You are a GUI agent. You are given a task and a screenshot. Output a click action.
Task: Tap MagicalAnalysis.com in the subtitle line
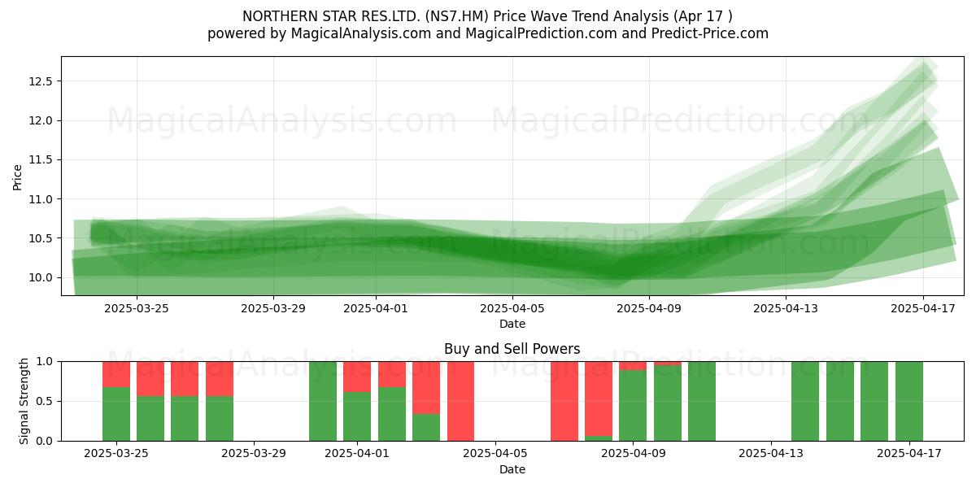[x=361, y=33]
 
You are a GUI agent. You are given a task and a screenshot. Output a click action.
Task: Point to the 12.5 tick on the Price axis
[x=41, y=81]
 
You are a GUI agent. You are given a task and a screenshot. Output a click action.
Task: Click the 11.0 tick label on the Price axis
[x=41, y=199]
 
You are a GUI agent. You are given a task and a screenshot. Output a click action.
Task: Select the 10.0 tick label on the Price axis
[x=41, y=277]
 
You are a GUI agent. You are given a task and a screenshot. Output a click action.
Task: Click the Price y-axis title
[x=17, y=177]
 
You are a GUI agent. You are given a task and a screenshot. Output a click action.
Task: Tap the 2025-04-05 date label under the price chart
[x=512, y=308]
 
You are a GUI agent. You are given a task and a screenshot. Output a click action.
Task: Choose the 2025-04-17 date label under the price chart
[x=923, y=308]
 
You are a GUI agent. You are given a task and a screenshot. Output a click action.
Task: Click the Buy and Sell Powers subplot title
[x=512, y=349]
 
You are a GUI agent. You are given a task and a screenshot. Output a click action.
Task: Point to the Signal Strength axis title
[x=24, y=401]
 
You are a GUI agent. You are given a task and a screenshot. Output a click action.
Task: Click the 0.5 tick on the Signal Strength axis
[x=44, y=401]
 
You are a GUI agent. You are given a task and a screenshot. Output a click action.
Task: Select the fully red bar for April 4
[x=460, y=401]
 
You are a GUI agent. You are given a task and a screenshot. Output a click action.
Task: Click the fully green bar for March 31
[x=323, y=401]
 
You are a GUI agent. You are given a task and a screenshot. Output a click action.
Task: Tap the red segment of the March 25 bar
[x=116, y=374]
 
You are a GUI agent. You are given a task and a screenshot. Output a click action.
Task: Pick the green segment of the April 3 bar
[x=426, y=428]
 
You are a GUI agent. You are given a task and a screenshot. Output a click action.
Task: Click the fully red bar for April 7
[x=564, y=401]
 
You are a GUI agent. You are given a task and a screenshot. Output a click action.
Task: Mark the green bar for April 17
[x=909, y=401]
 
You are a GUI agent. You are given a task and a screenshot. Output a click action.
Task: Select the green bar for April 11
[x=702, y=401]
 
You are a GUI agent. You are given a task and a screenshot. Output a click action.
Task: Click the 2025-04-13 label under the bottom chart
[x=771, y=453]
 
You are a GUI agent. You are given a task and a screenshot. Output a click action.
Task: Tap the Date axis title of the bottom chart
[x=512, y=469]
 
